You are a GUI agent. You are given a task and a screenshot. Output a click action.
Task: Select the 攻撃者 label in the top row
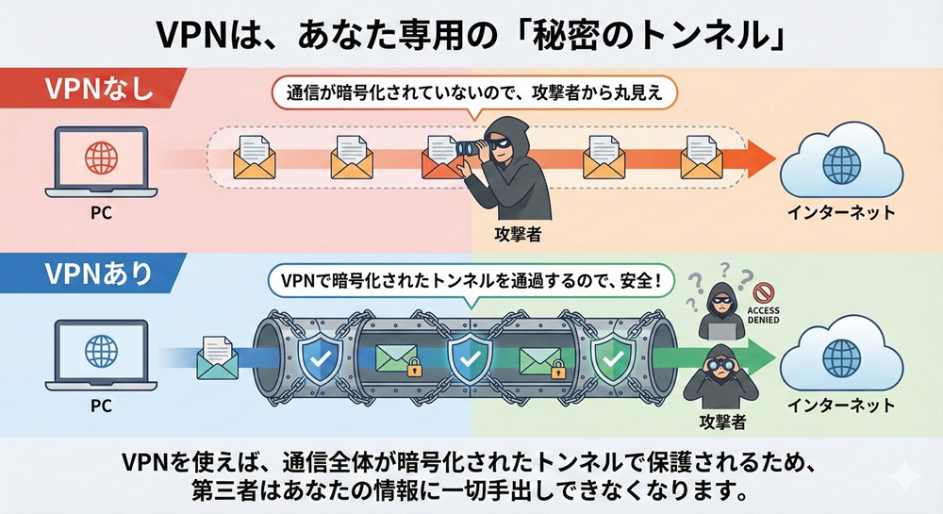click(516, 232)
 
